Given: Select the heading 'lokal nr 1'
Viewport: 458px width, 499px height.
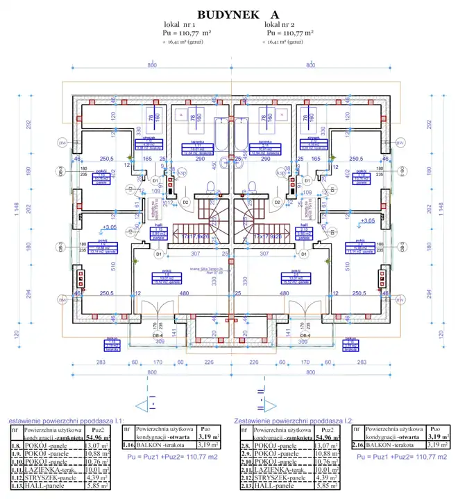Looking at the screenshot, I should (179, 24).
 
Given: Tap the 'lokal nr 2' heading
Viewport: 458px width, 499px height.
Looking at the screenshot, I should (284, 24).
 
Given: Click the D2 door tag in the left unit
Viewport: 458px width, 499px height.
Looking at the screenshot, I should (185, 202).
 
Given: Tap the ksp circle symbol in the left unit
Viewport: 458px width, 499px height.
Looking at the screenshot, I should (183, 171).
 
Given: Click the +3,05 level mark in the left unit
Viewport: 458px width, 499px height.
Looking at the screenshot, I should (108, 227).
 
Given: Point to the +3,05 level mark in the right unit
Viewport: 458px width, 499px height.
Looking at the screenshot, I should (368, 220).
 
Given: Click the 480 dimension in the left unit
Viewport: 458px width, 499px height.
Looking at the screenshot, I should (185, 294).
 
